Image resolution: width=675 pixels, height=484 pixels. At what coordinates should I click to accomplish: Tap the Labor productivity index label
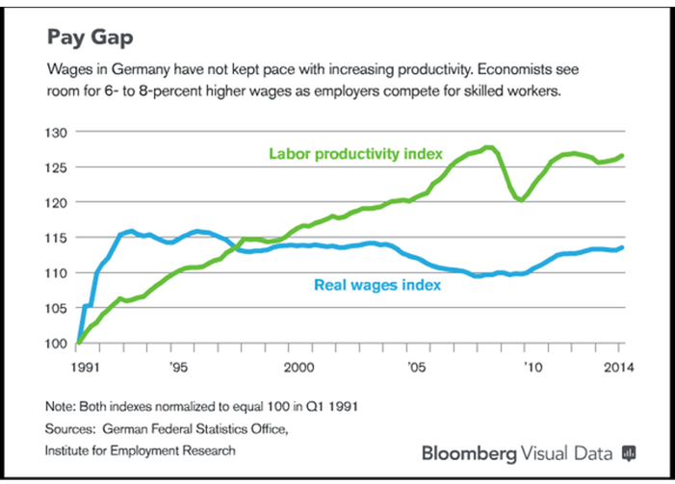[x=355, y=153]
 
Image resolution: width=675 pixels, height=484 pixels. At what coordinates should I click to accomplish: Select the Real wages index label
[x=377, y=285]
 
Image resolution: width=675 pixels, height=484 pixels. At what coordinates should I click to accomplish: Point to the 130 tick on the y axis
[x=58, y=132]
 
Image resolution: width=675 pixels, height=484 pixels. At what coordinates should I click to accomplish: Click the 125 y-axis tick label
[x=58, y=167]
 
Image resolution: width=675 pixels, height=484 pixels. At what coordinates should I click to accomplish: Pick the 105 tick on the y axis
[x=58, y=308]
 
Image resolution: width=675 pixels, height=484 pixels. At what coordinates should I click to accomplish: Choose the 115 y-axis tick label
[x=58, y=238]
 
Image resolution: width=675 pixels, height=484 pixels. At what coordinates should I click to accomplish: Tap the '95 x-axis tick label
[x=179, y=367]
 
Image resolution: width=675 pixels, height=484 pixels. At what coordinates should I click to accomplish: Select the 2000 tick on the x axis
[x=299, y=367]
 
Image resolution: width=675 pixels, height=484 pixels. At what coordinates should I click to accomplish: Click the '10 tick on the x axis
[x=530, y=367]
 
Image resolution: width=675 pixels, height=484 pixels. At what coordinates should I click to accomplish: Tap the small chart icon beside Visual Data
[x=630, y=451]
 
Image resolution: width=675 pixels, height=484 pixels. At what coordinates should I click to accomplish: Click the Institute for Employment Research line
[x=141, y=448]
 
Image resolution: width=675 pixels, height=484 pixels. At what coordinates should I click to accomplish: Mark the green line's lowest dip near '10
[x=521, y=200]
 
